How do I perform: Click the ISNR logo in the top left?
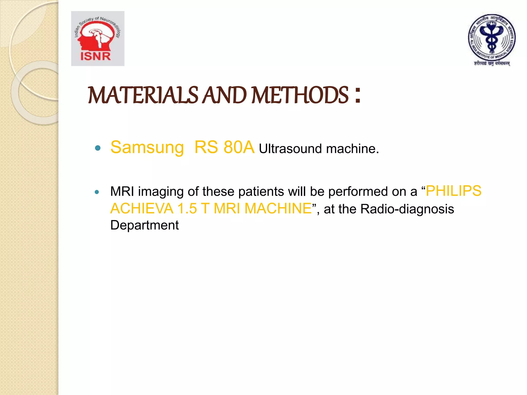(98, 39)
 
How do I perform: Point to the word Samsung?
(147, 148)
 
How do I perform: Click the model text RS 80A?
(224, 148)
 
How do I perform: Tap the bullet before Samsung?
(98, 148)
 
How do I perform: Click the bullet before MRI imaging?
(97, 192)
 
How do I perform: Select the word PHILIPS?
(453, 191)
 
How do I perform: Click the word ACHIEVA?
(142, 209)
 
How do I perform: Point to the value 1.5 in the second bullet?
(187, 209)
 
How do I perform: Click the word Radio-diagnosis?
(407, 209)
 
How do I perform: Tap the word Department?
(144, 225)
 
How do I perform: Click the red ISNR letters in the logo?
(95, 56)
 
